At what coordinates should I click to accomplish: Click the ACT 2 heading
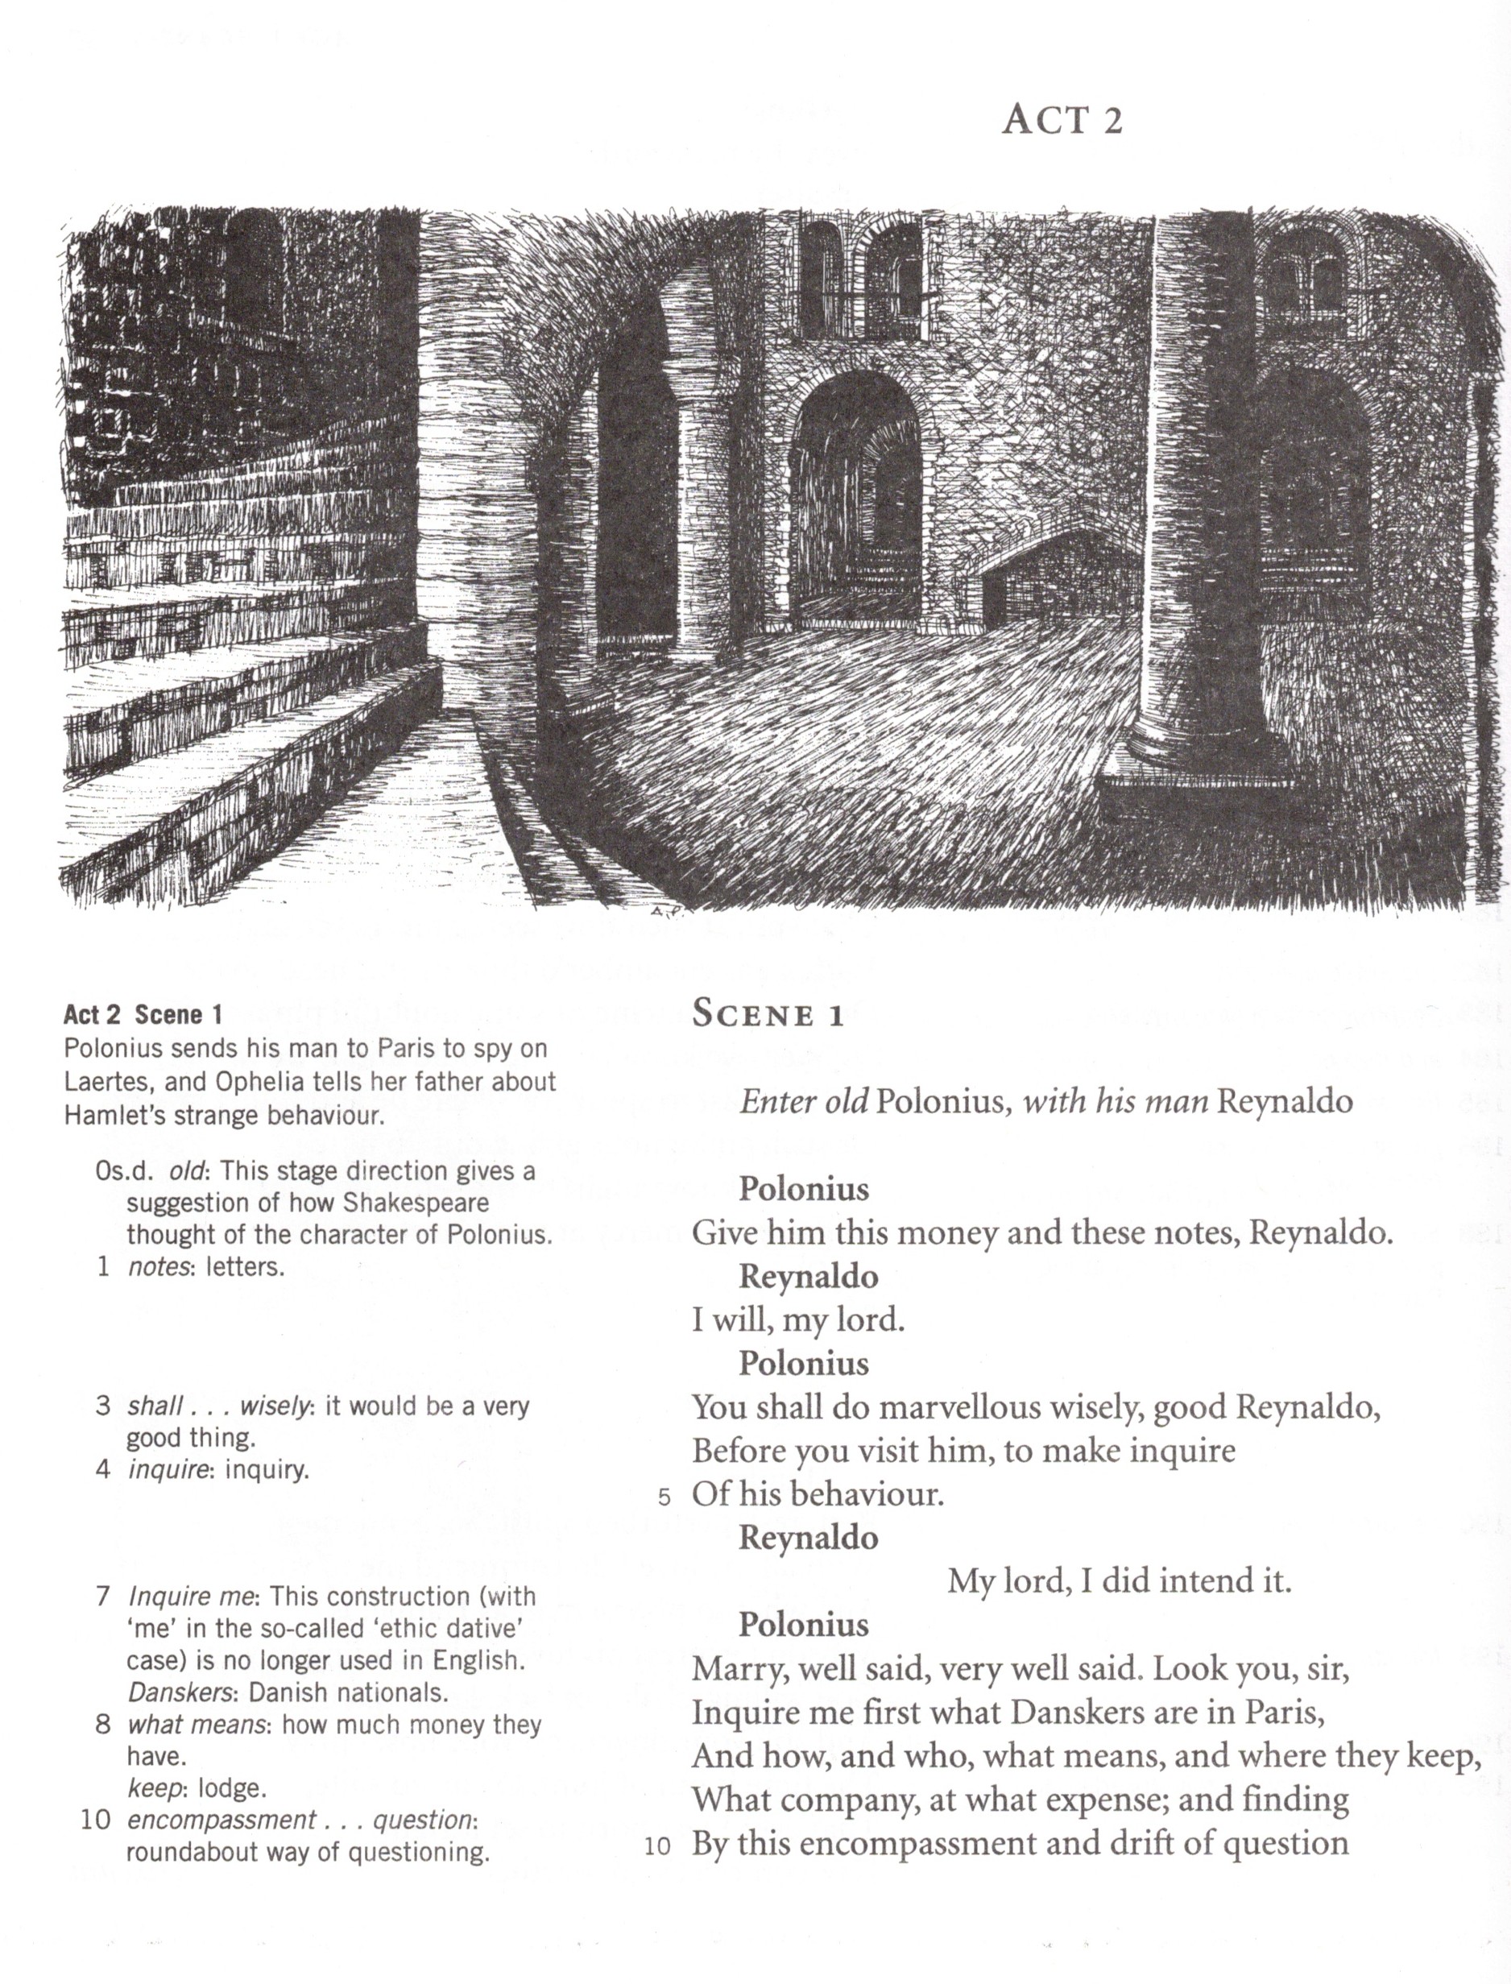(1062, 119)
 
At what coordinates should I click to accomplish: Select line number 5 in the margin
(664, 1497)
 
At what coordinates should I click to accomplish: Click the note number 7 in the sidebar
(103, 1597)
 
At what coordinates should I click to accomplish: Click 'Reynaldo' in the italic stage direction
(1285, 1102)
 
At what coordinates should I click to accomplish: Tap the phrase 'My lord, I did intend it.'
(1119, 1580)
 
